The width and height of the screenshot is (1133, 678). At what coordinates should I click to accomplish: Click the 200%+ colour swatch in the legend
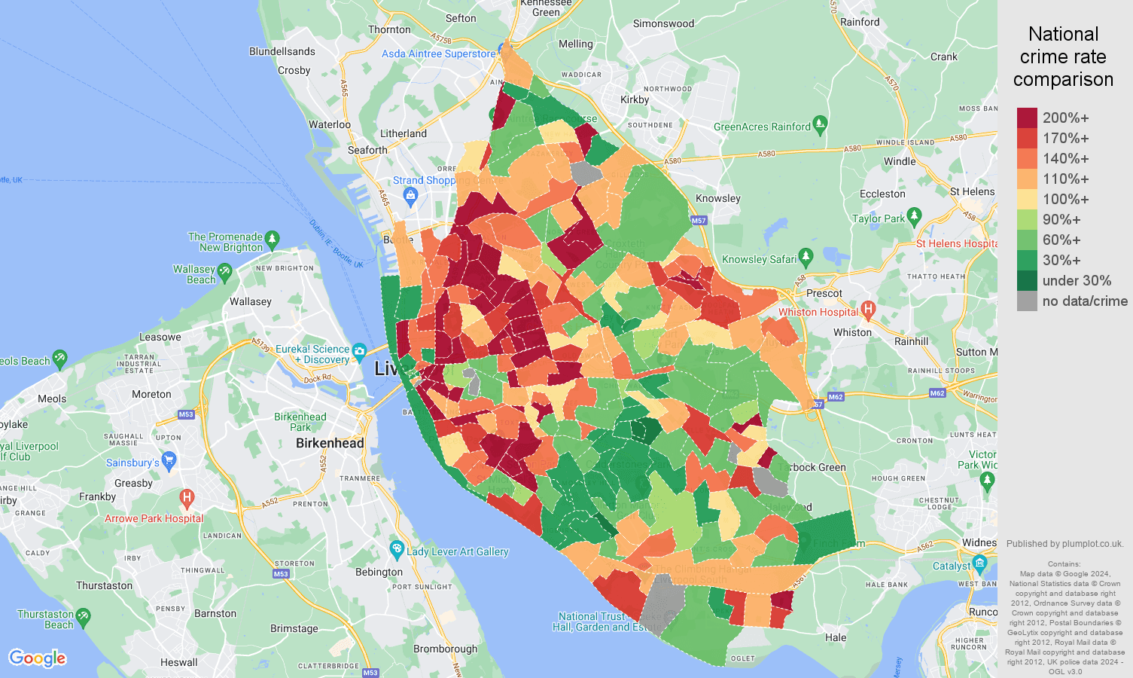[x=1027, y=118]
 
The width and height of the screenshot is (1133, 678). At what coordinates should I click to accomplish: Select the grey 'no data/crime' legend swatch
[x=1027, y=301]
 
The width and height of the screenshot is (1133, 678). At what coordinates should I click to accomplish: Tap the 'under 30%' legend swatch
[x=1027, y=281]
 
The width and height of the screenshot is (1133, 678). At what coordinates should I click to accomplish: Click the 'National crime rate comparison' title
[x=1063, y=56]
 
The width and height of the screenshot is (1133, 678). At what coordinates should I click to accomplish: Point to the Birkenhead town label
[x=330, y=443]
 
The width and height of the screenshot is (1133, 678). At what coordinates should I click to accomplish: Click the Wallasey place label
[x=250, y=301]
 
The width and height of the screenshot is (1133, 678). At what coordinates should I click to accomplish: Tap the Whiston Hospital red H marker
[x=868, y=309]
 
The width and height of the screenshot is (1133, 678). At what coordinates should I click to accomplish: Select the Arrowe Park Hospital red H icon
[x=187, y=499]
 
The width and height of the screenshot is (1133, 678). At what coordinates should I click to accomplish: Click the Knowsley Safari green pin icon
[x=806, y=257]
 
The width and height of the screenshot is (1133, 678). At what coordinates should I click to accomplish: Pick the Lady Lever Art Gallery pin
[x=397, y=550]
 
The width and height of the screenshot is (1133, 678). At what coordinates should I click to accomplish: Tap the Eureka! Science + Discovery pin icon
[x=359, y=352]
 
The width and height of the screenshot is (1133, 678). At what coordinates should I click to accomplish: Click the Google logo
[x=38, y=658]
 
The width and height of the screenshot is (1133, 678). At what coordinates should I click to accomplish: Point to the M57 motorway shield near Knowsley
[x=699, y=221]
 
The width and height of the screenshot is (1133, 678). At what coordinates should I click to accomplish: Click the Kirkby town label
[x=634, y=99]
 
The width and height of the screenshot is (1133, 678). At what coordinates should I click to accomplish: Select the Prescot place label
[x=824, y=293]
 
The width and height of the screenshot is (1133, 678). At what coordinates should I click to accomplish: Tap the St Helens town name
[x=971, y=191]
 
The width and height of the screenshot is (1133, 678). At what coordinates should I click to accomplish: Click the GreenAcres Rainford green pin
[x=821, y=124]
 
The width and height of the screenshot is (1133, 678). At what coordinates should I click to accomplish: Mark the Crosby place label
[x=294, y=70]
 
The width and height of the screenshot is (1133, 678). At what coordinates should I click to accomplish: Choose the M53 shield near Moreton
[x=186, y=414]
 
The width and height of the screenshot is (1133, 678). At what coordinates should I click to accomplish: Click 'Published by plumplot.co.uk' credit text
[x=1064, y=543]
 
